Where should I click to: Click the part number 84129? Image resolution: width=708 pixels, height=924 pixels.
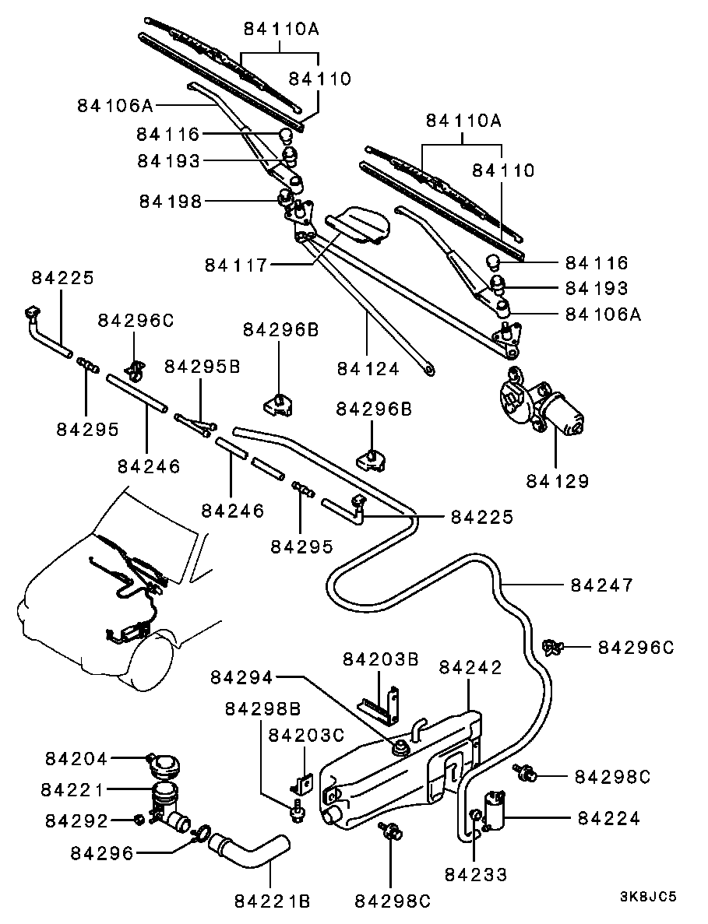[x=556, y=481]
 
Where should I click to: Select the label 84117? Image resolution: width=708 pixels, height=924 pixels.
[x=237, y=265]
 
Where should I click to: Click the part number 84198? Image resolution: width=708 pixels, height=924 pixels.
[x=171, y=202]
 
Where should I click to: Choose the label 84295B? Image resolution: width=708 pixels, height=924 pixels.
[x=203, y=366]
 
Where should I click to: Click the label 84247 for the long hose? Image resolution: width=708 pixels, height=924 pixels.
[x=601, y=585]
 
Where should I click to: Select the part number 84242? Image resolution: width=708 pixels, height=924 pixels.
[x=470, y=668]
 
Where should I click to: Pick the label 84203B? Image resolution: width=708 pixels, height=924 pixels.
[x=380, y=659]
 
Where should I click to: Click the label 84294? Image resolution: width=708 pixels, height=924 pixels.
[x=241, y=678]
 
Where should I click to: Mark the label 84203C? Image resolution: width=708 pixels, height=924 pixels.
[x=306, y=736]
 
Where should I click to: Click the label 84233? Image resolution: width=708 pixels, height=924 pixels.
[x=476, y=874]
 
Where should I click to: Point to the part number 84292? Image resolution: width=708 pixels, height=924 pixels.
[x=76, y=820]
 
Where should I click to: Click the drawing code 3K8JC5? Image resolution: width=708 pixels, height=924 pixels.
[x=648, y=896]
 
